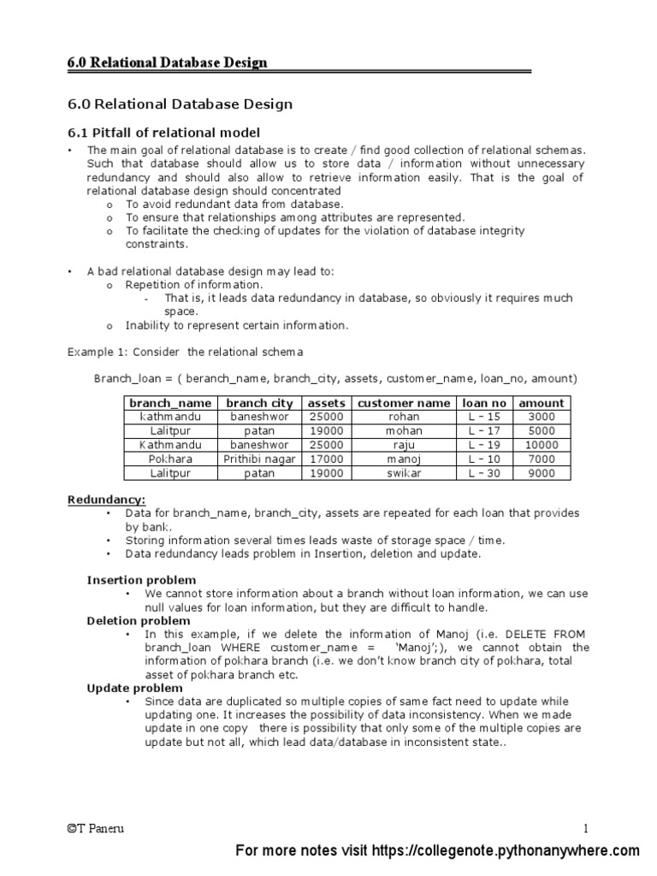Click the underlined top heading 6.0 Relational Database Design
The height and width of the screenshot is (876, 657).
pos(167,62)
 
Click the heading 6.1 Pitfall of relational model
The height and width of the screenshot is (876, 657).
pos(163,132)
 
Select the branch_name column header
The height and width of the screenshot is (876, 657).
pos(169,403)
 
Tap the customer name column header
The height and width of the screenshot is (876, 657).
pos(404,403)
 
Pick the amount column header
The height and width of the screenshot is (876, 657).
pos(542,403)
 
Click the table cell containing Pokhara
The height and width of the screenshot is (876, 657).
pos(169,459)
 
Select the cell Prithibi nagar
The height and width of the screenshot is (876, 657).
pos(259,459)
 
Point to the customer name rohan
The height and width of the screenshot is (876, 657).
pos(404,417)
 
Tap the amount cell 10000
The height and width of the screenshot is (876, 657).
pos(542,445)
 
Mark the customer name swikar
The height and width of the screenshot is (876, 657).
pos(404,473)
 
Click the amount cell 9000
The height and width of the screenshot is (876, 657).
pos(542,473)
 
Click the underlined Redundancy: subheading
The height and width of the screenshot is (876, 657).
pos(106,499)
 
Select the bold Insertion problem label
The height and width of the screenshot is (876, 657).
pos(141,580)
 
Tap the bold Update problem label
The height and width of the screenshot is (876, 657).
pos(134,688)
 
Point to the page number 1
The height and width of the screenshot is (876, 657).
pos(586,828)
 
